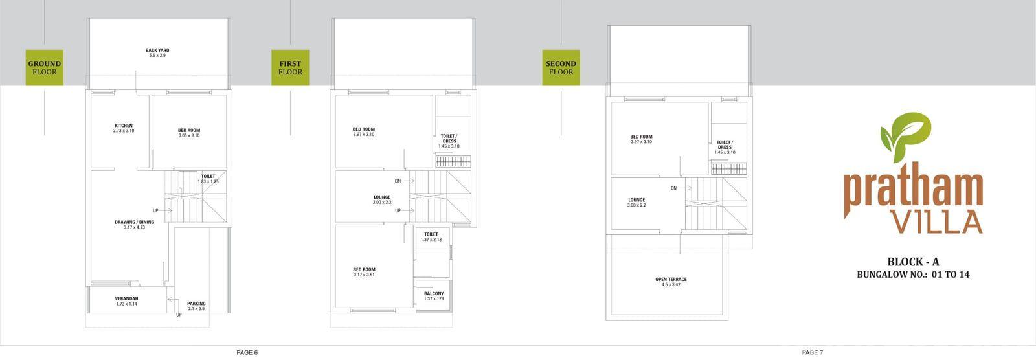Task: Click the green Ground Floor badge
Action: click(45, 67)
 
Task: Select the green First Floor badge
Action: click(290, 67)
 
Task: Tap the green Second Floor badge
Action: click(561, 67)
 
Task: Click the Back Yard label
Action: click(157, 50)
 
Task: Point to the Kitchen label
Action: click(124, 126)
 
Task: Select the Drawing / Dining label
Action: click(135, 222)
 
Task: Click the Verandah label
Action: click(126, 298)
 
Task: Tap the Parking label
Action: click(197, 304)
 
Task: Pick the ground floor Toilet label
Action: click(208, 176)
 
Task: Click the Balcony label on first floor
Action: click(434, 293)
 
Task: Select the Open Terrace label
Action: click(671, 279)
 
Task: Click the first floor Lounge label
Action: click(382, 197)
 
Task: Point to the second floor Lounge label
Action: click(636, 200)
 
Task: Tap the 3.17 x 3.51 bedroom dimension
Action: click(364, 275)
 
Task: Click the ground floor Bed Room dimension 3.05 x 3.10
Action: click(189, 135)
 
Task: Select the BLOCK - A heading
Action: click(913, 262)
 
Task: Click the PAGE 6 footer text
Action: click(247, 353)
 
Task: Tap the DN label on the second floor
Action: click(673, 188)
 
